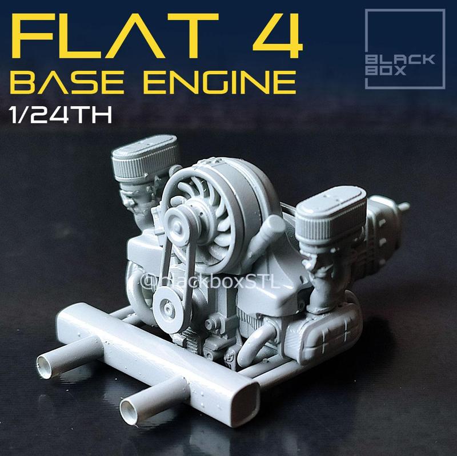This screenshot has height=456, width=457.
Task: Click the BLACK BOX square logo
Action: tap(404, 49)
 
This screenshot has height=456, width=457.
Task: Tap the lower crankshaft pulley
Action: tap(167, 308)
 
